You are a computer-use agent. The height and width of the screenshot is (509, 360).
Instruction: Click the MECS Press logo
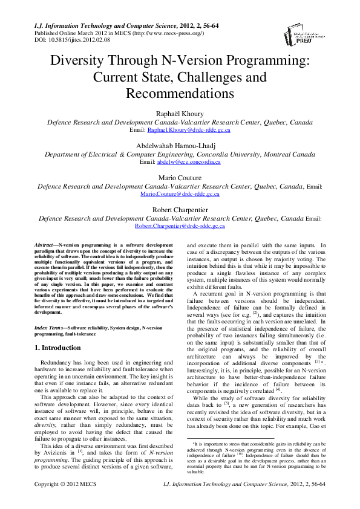point(312,37)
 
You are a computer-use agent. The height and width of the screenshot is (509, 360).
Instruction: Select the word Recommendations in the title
point(180,94)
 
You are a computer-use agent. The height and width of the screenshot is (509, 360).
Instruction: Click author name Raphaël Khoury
point(180,113)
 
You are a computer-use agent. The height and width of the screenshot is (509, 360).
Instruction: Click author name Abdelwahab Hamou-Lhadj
point(180,145)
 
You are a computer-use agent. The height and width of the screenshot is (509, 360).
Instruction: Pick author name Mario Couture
point(180,178)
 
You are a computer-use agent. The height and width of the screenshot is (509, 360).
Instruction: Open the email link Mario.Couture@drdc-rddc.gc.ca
point(180,195)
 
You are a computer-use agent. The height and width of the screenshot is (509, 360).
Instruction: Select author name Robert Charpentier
point(180,210)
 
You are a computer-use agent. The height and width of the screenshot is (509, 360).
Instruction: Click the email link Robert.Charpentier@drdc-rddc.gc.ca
point(180,226)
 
